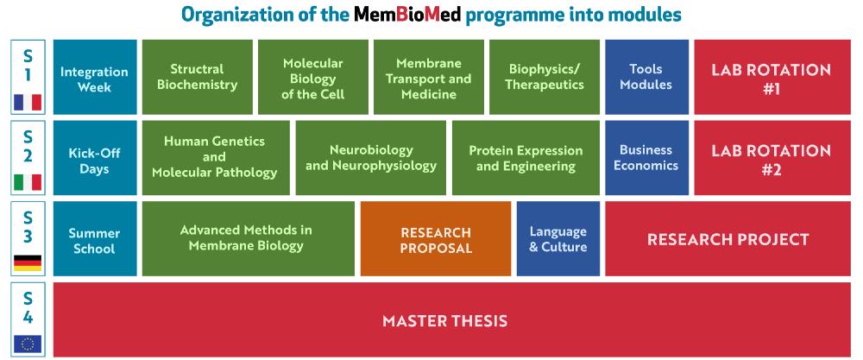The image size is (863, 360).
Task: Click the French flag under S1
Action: click(28, 103)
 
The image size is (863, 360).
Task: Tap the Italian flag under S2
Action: click(28, 182)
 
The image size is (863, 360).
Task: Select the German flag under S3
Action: click(28, 263)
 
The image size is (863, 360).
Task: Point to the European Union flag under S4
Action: click(28, 344)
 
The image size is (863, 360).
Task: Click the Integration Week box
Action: click(95, 77)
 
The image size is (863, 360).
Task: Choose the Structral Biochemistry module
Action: click(197, 77)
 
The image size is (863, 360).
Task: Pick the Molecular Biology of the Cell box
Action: click(313, 77)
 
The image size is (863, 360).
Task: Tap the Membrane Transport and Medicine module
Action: click(429, 77)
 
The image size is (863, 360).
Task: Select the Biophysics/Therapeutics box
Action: click(545, 77)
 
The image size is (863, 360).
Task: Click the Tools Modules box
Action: click(646, 77)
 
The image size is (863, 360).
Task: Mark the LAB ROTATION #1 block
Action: click(772, 77)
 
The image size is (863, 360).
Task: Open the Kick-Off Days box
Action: click(95, 158)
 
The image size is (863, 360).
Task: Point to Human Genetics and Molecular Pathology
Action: click(216, 158)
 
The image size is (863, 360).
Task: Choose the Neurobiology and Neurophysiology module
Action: click(371, 158)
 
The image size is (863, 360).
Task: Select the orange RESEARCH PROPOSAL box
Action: click(436, 238)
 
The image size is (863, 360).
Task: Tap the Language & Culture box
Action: click(558, 238)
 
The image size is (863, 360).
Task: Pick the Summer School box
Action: click(95, 238)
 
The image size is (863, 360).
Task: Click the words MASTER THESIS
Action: click(444, 320)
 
